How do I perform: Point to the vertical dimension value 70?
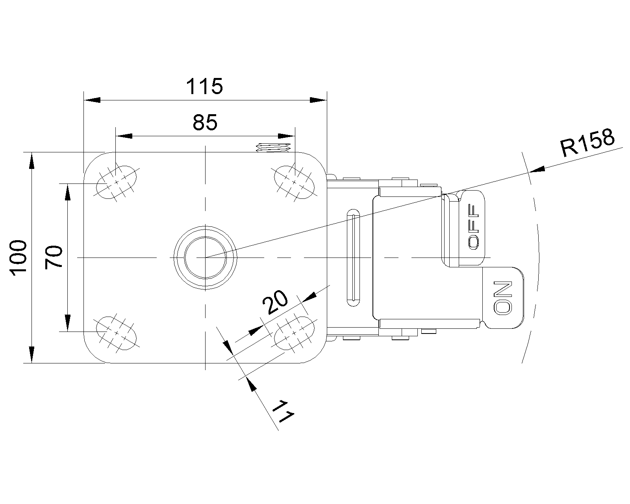[54, 257]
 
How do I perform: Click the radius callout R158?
[587, 143]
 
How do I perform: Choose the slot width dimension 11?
[284, 411]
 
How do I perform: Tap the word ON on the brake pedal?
[503, 297]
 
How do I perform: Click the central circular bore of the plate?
[205, 258]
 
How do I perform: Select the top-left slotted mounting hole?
[117, 182]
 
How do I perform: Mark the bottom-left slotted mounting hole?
[117, 333]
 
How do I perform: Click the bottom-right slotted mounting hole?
[295, 333]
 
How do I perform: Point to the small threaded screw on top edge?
[273, 148]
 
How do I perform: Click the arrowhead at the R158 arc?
[537, 170]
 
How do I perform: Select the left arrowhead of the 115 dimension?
[91, 100]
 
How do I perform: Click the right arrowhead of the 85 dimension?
[286, 136]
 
